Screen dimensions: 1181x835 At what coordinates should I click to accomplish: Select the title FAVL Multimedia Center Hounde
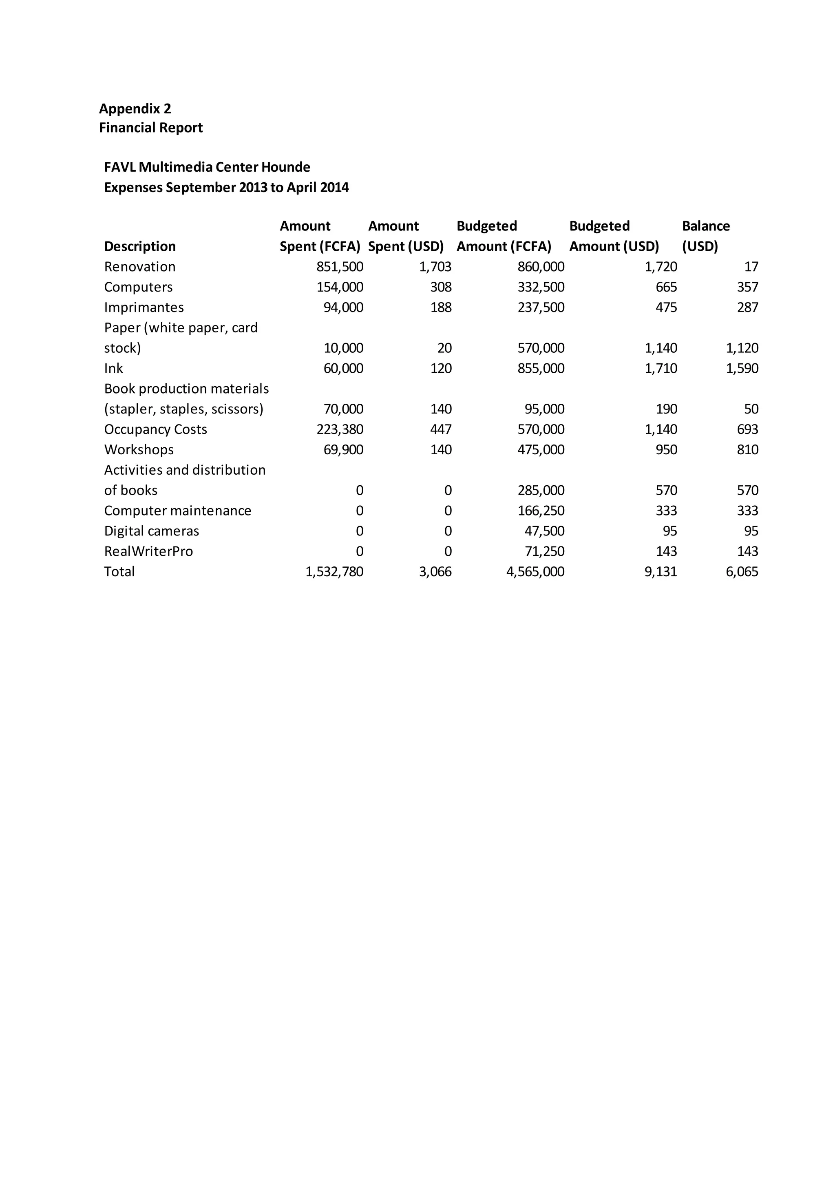[x=207, y=167]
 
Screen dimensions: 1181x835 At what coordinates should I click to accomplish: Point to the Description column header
[x=140, y=246]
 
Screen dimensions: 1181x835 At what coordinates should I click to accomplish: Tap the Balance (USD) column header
[x=705, y=236]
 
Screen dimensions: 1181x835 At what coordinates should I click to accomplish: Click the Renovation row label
[x=140, y=266]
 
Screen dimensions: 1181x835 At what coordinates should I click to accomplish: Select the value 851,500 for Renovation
[x=340, y=266]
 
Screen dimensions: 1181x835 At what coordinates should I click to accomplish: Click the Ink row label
[x=114, y=368]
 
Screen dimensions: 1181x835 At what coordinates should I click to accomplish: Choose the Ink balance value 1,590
[x=742, y=368]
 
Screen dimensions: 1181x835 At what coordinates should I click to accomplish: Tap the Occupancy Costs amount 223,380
[x=340, y=429]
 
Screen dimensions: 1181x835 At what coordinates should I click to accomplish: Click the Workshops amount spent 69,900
[x=343, y=449]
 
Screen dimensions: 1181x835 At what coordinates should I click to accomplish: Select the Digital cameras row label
[x=152, y=531]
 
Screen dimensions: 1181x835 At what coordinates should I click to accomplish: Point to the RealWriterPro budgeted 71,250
[x=544, y=551]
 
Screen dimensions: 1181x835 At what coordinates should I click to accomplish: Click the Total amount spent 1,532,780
[x=334, y=571]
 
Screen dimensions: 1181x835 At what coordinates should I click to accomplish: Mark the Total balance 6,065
[x=742, y=571]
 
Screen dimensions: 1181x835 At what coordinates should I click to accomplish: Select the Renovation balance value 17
[x=751, y=266]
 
